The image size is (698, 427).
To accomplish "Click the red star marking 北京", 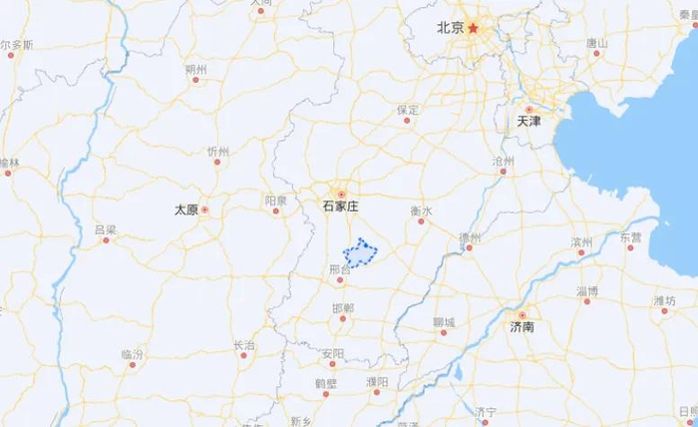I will (x=475, y=28).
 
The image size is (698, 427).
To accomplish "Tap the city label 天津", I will (x=528, y=121).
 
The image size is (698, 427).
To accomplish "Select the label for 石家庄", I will (x=340, y=206).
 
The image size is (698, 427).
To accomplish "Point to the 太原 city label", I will (x=186, y=210).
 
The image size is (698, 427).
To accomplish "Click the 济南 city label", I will (x=522, y=326).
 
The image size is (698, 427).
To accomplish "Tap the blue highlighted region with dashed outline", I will (x=360, y=254).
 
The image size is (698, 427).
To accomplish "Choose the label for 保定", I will (x=407, y=109).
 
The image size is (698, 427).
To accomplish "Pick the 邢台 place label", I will (x=339, y=269).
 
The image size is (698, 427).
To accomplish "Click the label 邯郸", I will (x=343, y=307).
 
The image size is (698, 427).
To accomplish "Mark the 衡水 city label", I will (x=422, y=211).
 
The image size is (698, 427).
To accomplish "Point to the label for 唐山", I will (x=596, y=43).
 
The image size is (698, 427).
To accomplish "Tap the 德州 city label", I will (x=470, y=237).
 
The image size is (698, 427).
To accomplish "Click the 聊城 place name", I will (x=445, y=321).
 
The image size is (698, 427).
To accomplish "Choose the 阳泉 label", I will (x=275, y=201).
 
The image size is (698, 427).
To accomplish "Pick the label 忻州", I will (x=217, y=152).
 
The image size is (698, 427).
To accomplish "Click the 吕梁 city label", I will (x=105, y=229).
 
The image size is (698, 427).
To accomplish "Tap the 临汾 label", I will (x=133, y=354).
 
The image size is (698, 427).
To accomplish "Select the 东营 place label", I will (x=630, y=237).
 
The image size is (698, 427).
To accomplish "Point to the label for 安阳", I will (x=332, y=354).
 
